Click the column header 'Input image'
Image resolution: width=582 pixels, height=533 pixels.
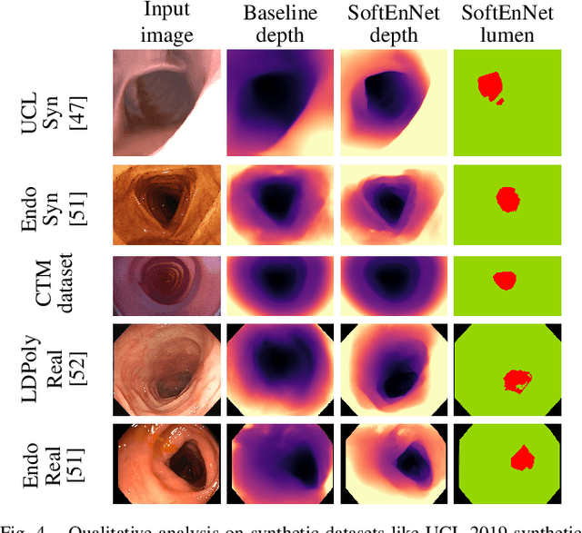click(167, 23)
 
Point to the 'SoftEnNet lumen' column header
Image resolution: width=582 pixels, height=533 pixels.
click(510, 23)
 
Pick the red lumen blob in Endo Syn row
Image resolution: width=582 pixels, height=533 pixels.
click(507, 198)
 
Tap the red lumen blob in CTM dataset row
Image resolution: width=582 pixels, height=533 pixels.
click(503, 281)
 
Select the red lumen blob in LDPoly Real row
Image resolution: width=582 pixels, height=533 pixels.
click(518, 380)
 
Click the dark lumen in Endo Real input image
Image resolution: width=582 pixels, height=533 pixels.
click(190, 454)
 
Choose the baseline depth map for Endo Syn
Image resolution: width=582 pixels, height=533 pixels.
click(281, 204)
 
